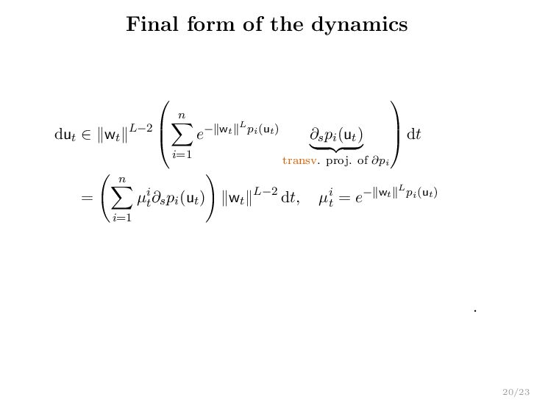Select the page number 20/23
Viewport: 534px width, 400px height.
click(x=516, y=392)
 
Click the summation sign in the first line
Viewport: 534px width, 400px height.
click(x=181, y=135)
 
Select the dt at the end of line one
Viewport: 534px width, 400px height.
click(x=414, y=135)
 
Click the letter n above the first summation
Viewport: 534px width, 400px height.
click(x=181, y=115)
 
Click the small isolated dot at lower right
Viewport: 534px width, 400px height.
click(x=476, y=311)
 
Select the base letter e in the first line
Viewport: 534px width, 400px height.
click(x=200, y=136)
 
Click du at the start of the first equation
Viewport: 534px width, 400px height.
click(x=64, y=135)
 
